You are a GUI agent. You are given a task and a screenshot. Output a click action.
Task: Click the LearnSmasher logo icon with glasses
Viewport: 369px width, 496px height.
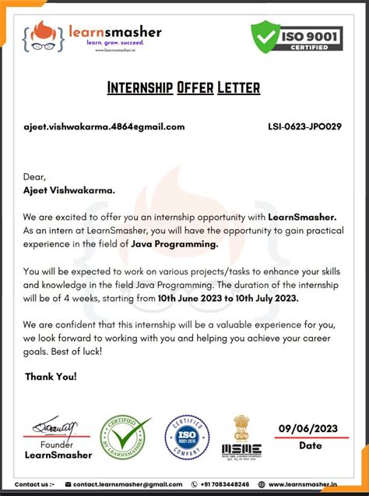pyautogui.click(x=44, y=36)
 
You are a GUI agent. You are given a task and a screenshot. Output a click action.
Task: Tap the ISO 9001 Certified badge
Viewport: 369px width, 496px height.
pyautogui.click(x=297, y=36)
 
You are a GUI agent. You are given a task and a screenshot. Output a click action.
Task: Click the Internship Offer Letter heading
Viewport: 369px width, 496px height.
pyautogui.click(x=184, y=87)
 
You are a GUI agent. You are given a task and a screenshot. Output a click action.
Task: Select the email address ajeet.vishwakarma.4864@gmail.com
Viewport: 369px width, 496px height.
pyautogui.click(x=104, y=127)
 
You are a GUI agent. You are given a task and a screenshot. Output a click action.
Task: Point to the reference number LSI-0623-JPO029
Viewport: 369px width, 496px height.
pyautogui.click(x=305, y=127)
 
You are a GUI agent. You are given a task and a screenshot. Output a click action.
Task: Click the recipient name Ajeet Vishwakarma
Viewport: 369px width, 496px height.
pyautogui.click(x=69, y=189)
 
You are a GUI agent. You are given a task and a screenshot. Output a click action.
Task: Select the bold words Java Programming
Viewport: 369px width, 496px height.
pyautogui.click(x=175, y=244)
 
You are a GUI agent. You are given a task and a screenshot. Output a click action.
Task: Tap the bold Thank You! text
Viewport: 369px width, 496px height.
pyautogui.click(x=51, y=377)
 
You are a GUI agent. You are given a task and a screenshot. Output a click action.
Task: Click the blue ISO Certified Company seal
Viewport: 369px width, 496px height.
pyautogui.click(x=186, y=437)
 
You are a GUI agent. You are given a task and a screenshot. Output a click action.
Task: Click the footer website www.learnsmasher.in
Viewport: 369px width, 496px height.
pyautogui.click(x=303, y=484)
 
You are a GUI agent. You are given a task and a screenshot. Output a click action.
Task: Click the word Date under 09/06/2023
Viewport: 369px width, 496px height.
pyautogui.click(x=310, y=445)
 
